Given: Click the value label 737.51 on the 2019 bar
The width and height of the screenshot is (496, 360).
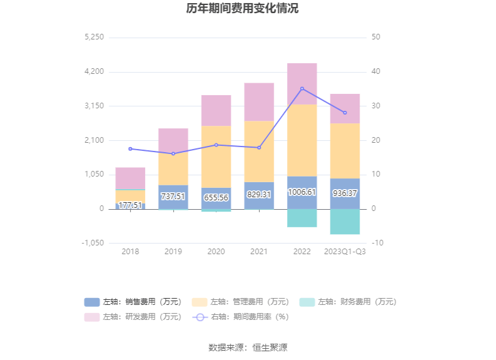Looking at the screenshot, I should point(173,197).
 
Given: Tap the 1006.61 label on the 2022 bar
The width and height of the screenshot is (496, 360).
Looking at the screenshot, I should point(302,192).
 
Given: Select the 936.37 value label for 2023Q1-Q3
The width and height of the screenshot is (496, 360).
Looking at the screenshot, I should point(345,193).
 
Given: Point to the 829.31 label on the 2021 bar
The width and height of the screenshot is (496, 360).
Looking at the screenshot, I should point(259,195).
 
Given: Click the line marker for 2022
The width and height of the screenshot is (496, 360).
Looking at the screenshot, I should point(302,88).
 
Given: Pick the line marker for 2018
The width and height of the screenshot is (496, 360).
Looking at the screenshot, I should point(130,149).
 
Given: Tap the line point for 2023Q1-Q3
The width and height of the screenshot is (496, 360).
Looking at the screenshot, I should point(345,113).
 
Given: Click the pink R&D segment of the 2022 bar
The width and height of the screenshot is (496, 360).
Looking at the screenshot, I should point(302,83).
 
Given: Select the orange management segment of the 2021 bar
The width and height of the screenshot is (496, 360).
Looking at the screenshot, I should point(259,152).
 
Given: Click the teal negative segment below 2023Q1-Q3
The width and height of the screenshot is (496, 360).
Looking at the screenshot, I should point(345,222).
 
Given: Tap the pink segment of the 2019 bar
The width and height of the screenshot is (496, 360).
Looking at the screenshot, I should point(173,140).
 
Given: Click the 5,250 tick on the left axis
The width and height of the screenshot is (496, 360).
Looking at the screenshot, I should point(94,38).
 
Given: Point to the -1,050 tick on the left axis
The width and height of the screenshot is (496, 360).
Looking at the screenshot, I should point(93,243).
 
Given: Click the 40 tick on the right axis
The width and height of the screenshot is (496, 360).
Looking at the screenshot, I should point(375,72).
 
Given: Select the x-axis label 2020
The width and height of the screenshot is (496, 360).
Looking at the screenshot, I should point(216,252).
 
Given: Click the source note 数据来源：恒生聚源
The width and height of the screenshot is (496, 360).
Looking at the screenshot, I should point(248,347).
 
